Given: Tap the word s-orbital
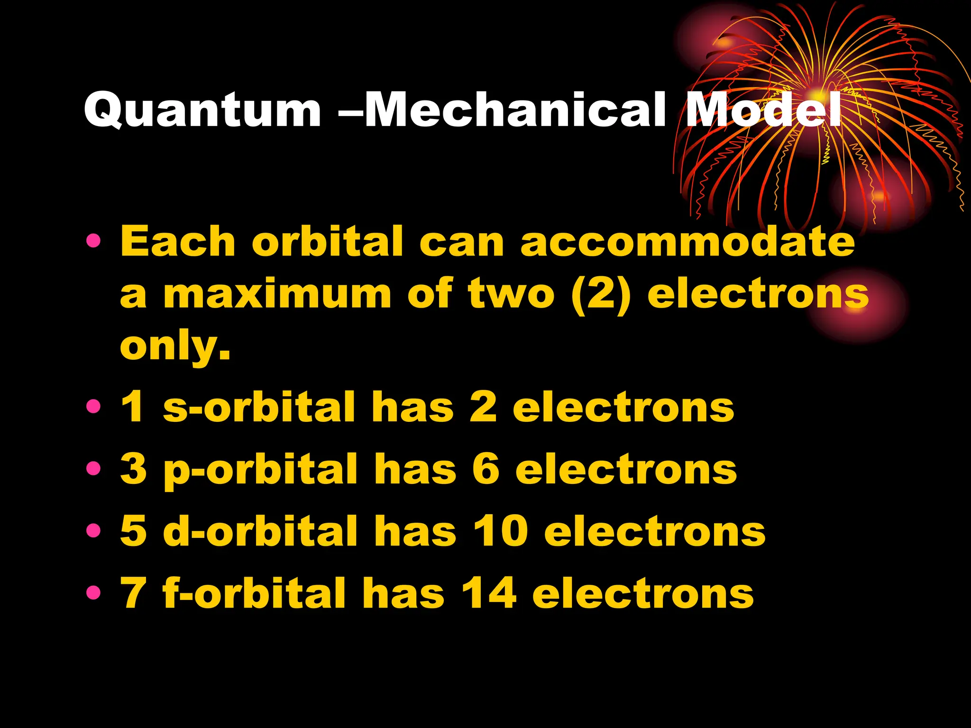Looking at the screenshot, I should point(259,408).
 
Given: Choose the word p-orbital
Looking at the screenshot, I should point(260,470).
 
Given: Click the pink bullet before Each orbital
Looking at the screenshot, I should point(93,242).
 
